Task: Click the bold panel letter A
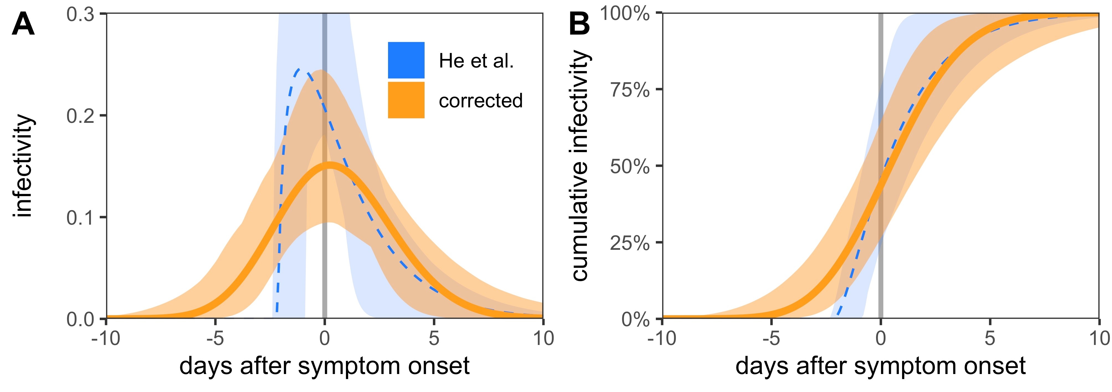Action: click(23, 25)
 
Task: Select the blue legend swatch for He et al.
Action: click(406, 60)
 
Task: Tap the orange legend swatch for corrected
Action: click(406, 100)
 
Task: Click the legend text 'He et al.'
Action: click(476, 61)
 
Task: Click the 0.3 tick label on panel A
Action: click(80, 14)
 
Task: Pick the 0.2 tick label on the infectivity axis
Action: click(80, 116)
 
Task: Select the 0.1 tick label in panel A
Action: click(80, 217)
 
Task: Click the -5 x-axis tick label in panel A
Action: click(215, 339)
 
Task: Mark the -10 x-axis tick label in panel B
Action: click(662, 339)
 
